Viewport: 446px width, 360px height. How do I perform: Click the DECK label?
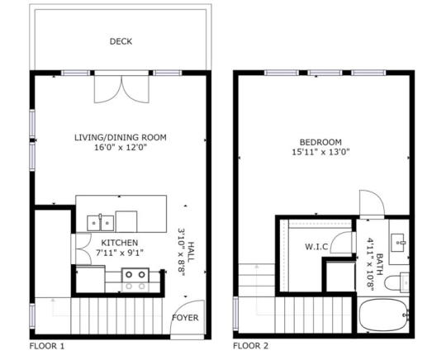coord(121,41)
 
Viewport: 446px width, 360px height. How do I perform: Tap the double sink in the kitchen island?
coord(101,221)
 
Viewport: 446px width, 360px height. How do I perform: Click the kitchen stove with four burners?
coord(134,280)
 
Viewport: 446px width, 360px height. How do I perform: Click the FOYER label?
coord(183,318)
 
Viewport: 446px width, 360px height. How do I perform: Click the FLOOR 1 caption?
coord(47,345)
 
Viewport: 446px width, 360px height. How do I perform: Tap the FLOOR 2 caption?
coord(251,345)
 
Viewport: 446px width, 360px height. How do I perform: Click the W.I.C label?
coord(317,245)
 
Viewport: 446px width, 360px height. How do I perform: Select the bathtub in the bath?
coord(384,316)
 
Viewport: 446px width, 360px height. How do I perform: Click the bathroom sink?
coord(401,239)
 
